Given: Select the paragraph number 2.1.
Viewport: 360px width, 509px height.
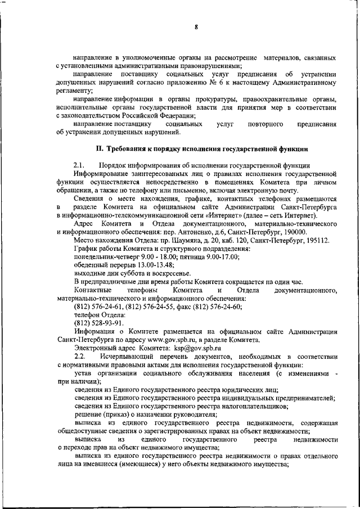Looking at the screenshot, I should tap(79, 165).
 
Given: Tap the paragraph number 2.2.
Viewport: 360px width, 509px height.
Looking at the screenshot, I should tap(79, 357).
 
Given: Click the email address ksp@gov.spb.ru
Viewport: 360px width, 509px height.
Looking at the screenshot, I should tap(197, 348).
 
